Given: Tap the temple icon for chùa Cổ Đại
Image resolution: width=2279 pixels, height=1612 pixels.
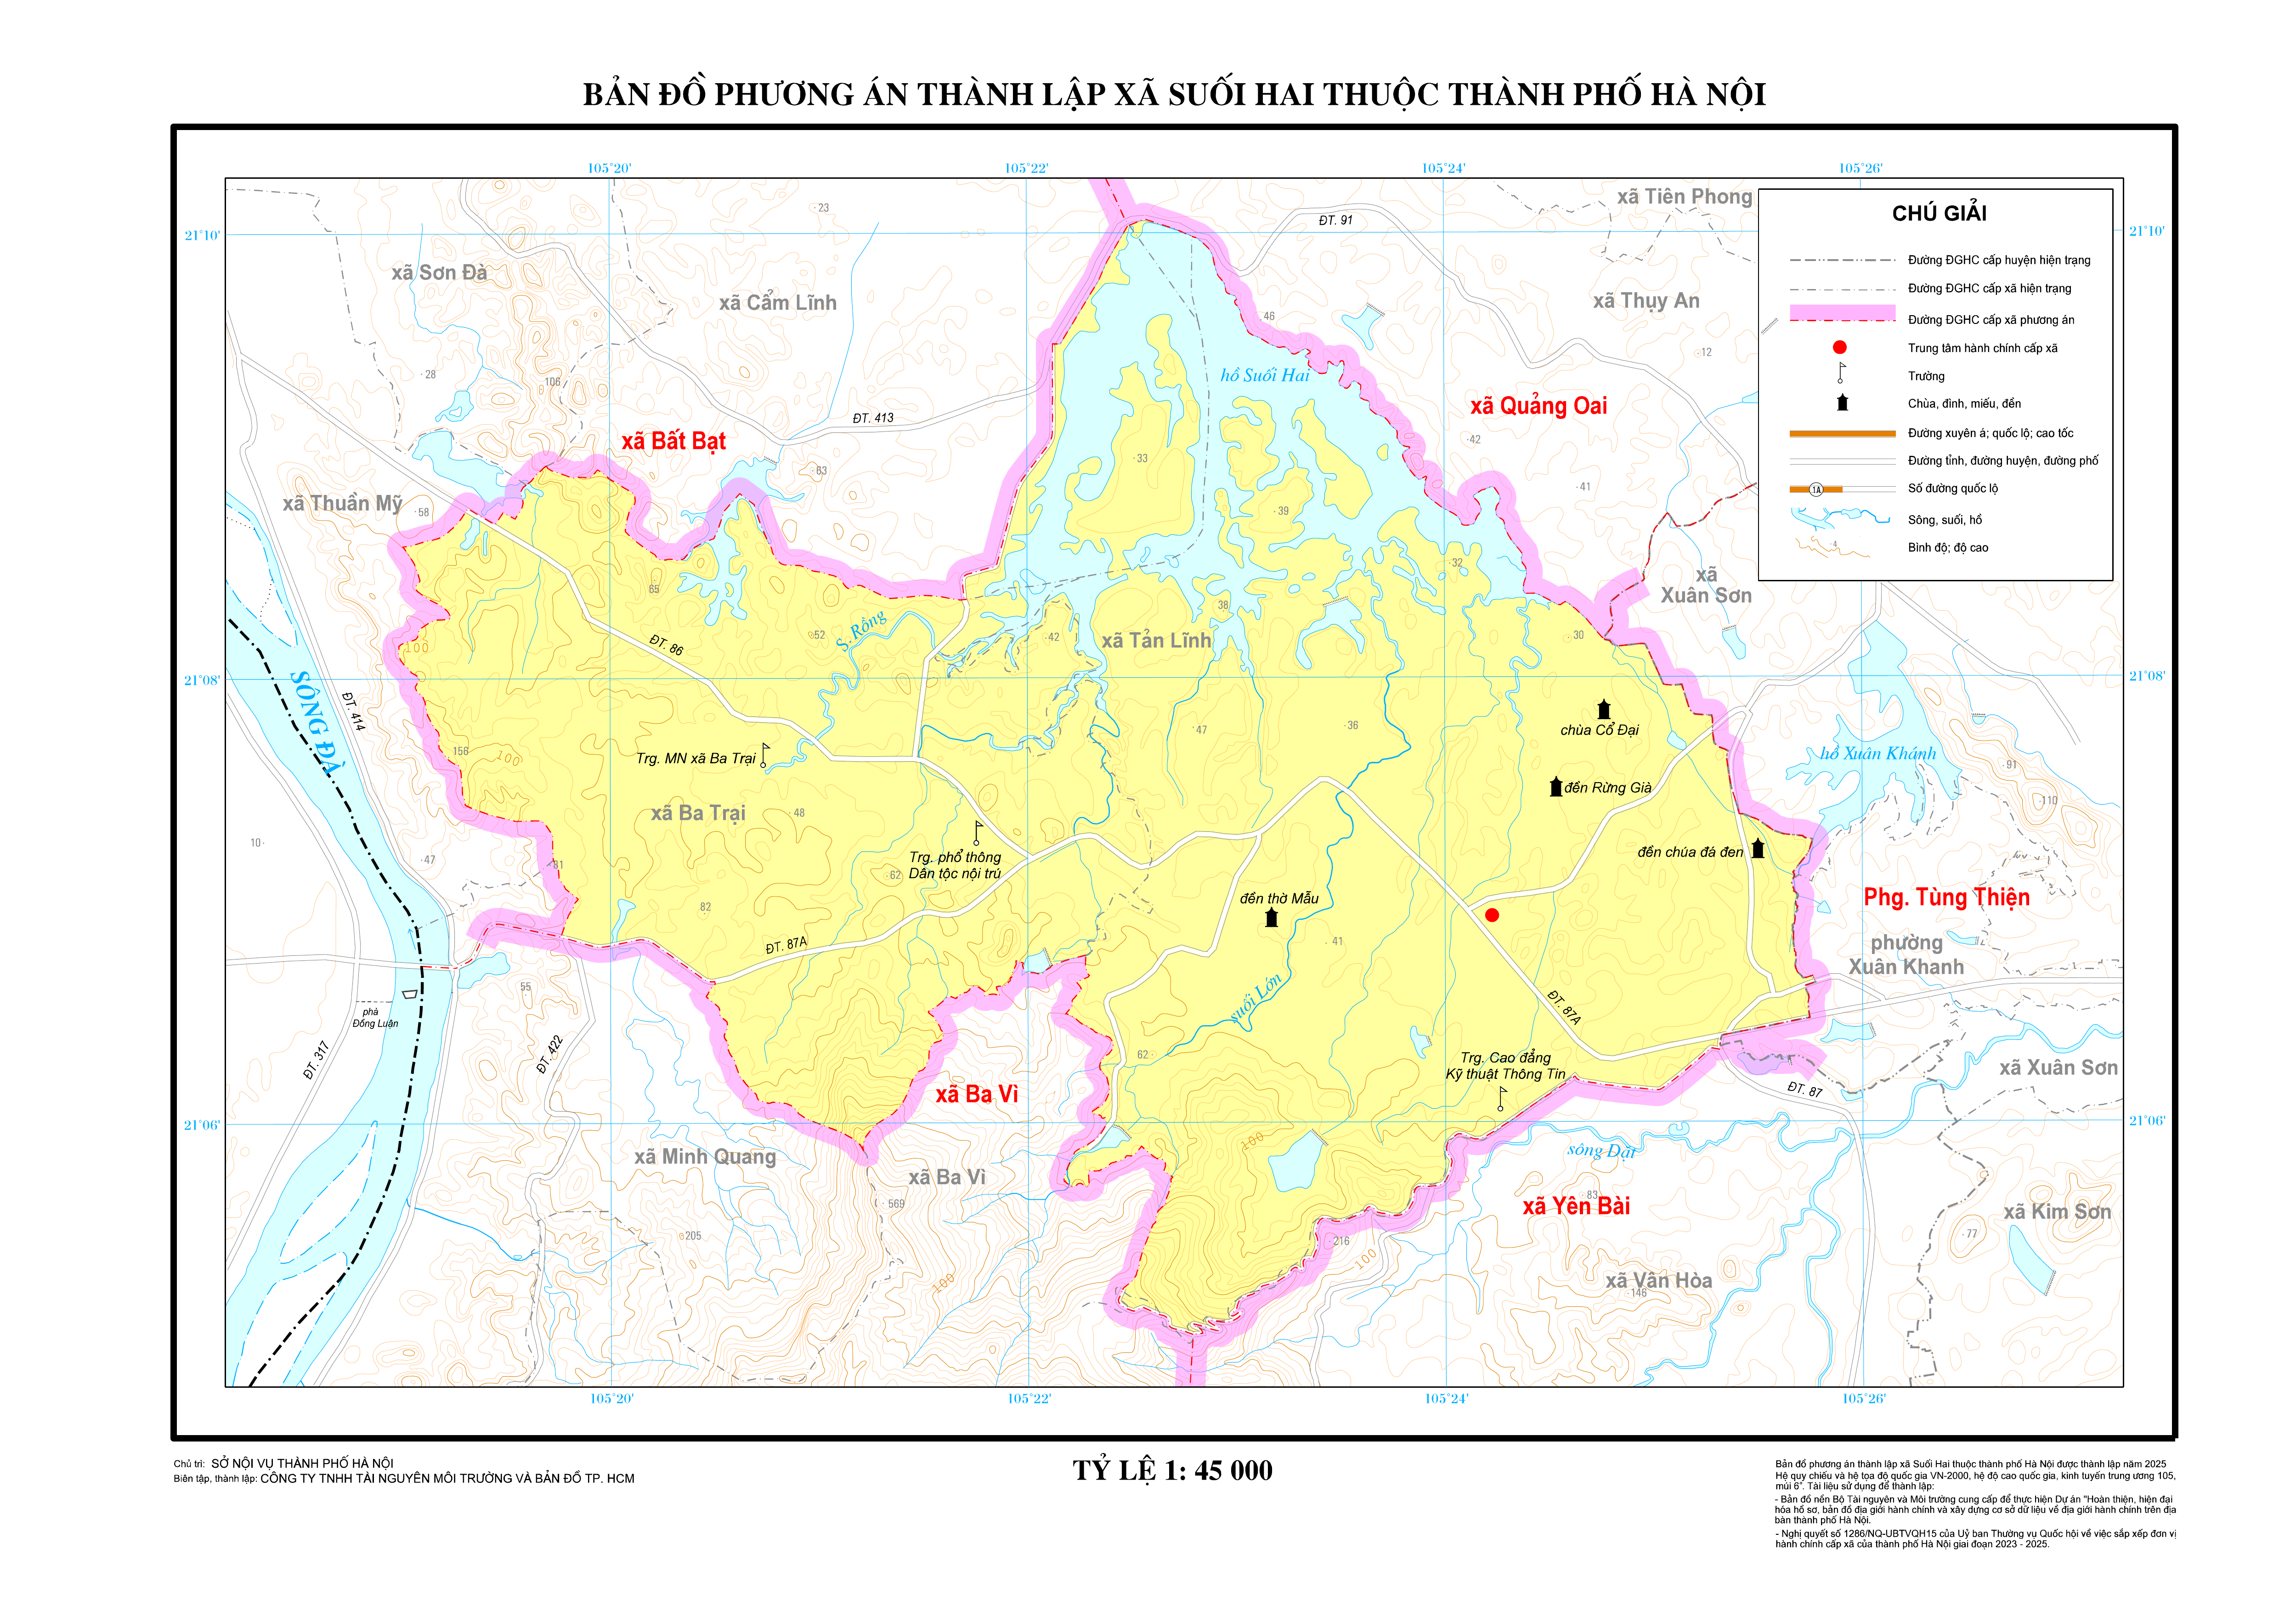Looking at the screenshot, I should click(x=1603, y=710).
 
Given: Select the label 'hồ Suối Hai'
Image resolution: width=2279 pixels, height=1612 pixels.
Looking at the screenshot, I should click(x=1265, y=375).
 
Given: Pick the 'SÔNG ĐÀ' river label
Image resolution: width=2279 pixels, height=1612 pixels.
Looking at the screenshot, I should click(x=316, y=723).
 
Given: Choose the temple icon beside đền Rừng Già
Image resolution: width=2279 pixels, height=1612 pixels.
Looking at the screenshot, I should click(x=1555, y=787).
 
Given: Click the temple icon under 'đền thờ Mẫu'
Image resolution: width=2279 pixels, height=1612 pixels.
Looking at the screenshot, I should click(x=1272, y=918).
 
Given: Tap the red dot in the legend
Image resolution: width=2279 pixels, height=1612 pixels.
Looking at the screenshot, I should click(x=1839, y=347).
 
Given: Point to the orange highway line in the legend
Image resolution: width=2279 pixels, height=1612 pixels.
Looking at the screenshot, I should click(x=1841, y=434).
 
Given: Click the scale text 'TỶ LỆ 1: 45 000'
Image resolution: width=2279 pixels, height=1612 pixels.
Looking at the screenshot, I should click(x=1172, y=1471).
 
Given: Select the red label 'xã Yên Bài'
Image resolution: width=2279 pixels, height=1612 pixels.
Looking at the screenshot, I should click(x=1576, y=1206).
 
